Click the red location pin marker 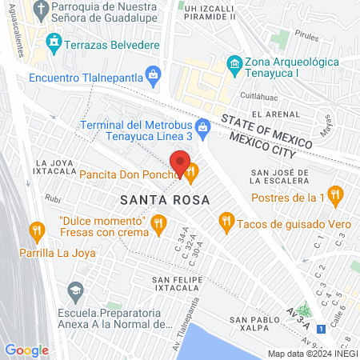pyautogui.click(x=181, y=162)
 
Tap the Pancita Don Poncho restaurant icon pyautogui.click(x=192, y=170)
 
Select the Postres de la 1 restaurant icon pyautogui.click(x=336, y=193)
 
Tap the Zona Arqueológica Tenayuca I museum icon pyautogui.click(x=234, y=62)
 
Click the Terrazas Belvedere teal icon pyautogui.click(x=54, y=41)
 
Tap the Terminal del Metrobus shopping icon pyautogui.click(x=203, y=126)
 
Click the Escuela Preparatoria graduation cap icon pyautogui.click(x=75, y=289)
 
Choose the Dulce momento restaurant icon pyautogui.click(x=158, y=224)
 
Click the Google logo pyautogui.click(x=26, y=350)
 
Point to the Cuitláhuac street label pyautogui.click(x=249, y=94)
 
